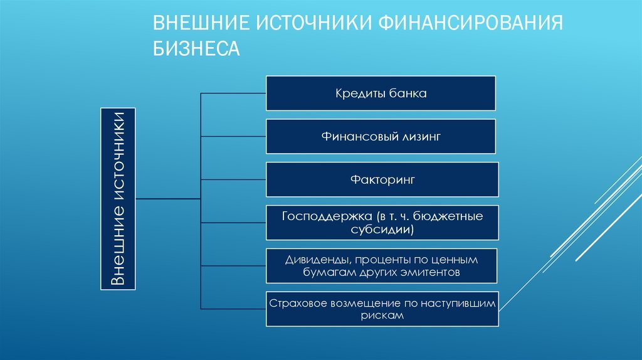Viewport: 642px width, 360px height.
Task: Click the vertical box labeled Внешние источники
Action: point(117,198)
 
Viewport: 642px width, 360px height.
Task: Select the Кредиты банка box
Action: point(381,93)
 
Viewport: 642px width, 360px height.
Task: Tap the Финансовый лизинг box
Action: point(382,136)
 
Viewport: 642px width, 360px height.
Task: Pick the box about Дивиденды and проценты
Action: point(382,265)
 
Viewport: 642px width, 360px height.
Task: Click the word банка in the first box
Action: point(411,93)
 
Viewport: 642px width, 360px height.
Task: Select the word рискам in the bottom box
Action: point(382,316)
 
